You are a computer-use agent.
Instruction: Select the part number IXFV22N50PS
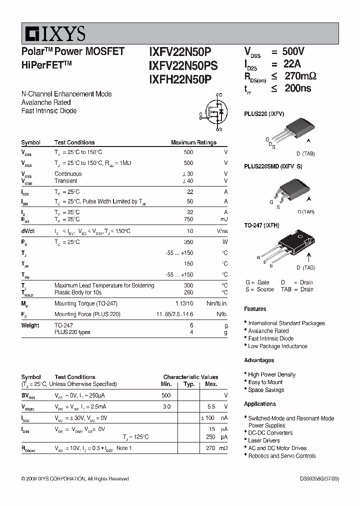point(183,65)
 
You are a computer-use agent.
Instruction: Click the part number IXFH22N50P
point(180,78)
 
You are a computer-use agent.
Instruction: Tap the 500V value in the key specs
point(293,51)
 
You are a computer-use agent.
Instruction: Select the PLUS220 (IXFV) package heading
point(264,114)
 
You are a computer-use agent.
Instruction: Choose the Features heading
point(255,309)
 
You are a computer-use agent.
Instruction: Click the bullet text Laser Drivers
point(263,440)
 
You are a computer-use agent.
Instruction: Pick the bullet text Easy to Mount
point(265,382)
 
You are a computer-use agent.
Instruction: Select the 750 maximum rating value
point(188,219)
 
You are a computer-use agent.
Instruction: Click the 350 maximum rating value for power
point(188,242)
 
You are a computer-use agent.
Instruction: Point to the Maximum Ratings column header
point(193,142)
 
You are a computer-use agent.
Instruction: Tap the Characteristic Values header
point(190,377)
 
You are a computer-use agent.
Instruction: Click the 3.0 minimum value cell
point(166,406)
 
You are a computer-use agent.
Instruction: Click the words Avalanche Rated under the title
point(46,102)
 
